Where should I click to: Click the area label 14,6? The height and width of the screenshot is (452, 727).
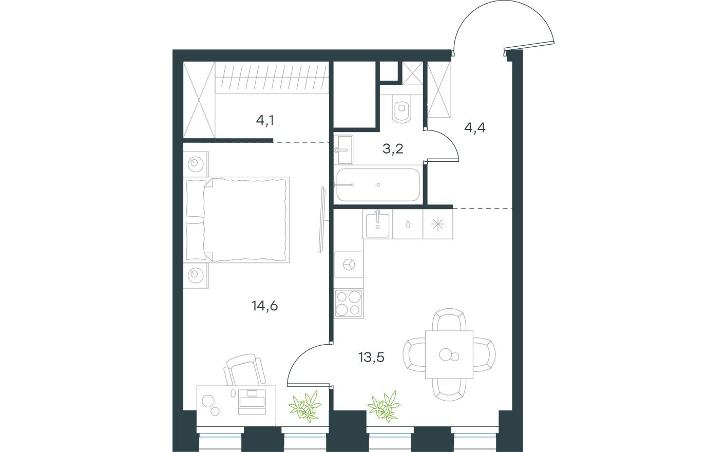[265, 306]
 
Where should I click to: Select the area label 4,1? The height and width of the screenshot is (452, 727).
[265, 121]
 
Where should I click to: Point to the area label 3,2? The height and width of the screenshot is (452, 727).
[393, 149]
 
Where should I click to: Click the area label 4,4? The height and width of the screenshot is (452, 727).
[474, 127]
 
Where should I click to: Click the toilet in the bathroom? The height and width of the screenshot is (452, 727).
[401, 109]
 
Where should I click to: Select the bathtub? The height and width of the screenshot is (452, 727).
[377, 184]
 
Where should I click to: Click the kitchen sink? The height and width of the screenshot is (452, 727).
[378, 224]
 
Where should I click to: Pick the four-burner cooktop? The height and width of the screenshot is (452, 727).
[348, 303]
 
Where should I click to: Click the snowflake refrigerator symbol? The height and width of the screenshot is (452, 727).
[437, 224]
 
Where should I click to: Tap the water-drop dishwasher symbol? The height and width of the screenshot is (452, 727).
[408, 224]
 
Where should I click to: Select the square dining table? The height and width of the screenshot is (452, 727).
[449, 354]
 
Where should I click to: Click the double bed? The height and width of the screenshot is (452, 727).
[237, 219]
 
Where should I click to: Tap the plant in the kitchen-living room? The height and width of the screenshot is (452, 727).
[384, 405]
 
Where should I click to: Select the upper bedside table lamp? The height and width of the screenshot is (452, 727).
[195, 164]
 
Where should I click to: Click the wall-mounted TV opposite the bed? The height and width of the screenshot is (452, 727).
[322, 219]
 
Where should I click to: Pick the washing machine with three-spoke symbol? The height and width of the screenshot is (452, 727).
[349, 265]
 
